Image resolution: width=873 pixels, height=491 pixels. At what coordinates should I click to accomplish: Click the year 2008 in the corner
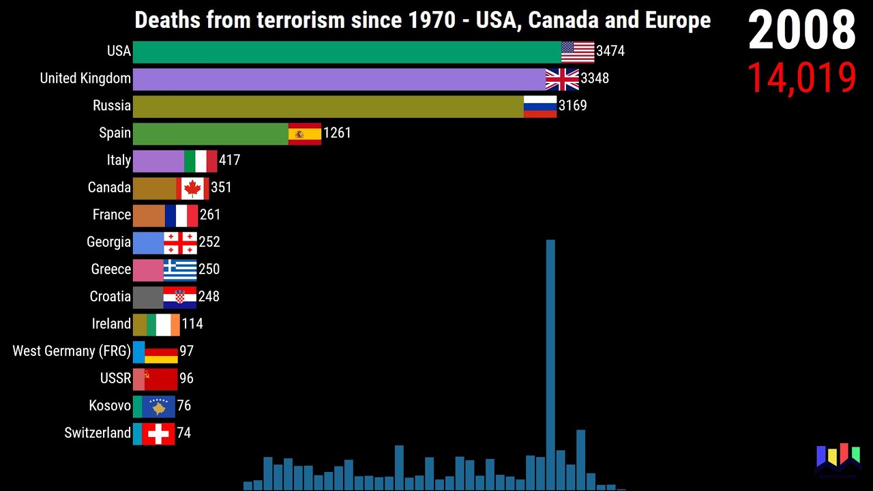802,31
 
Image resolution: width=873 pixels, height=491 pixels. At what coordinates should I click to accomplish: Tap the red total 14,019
801,78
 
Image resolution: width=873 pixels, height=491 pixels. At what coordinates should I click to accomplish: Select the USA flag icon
578,52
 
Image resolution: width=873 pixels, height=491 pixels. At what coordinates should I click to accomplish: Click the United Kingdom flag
562,79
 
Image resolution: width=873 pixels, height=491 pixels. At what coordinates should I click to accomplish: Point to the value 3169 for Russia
572,106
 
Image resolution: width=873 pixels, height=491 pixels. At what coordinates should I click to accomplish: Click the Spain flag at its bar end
304,134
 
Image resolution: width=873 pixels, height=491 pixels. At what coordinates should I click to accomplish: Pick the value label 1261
337,133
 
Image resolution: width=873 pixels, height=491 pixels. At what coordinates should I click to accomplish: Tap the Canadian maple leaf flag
192,188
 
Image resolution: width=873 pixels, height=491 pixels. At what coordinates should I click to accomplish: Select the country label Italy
119,160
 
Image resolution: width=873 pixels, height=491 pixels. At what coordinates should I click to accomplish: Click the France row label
112,215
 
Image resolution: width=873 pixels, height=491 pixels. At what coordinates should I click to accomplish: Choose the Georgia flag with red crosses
180,243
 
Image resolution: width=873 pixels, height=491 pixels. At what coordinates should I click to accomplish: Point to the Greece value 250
209,269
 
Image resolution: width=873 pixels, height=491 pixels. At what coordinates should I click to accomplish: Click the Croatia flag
179,297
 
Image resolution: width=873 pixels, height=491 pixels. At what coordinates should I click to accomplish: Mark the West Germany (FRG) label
72,351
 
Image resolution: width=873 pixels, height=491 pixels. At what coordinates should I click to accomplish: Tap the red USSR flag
161,379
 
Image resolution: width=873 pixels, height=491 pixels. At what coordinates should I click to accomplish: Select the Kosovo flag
158,406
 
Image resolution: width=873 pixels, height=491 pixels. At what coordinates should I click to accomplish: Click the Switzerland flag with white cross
158,434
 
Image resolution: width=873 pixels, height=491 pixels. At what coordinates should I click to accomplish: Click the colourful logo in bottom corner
838,458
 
